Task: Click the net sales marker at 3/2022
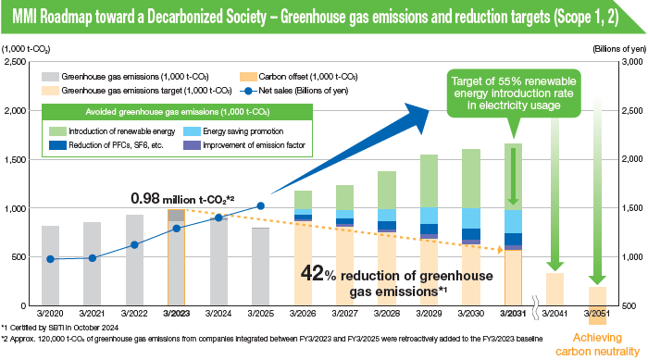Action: [x=134, y=245]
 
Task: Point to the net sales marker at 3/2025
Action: [x=261, y=205]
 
